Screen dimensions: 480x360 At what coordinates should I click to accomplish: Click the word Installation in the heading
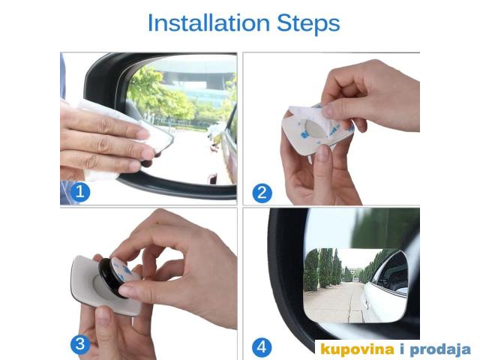pos(208,23)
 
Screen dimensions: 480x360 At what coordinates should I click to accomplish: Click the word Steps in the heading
pos(308,24)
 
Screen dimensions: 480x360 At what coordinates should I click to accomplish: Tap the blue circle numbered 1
pos(80,192)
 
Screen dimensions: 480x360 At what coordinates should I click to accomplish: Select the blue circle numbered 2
pos(262,193)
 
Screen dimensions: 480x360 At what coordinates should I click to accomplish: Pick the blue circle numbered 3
pos(80,344)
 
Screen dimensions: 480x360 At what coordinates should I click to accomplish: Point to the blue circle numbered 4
pos(262,347)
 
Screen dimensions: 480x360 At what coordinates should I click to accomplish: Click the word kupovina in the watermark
pos(357,349)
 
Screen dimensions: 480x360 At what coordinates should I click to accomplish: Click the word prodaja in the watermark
pos(440,349)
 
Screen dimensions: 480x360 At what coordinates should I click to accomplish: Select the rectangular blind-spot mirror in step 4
pos(355,286)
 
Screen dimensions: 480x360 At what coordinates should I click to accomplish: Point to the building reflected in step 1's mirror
pos(196,82)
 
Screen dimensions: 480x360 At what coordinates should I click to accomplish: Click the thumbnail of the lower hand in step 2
pos(322,152)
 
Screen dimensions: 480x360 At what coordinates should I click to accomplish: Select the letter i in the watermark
pos(402,348)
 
